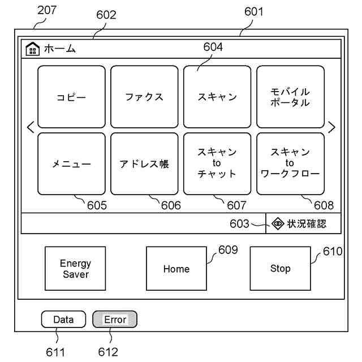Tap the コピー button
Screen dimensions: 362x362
pyautogui.click(x=71, y=97)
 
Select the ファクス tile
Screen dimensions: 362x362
pyautogui.click(x=144, y=97)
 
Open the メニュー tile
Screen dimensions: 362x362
pyautogui.click(x=71, y=164)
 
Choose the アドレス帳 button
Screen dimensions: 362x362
pyautogui.click(x=144, y=164)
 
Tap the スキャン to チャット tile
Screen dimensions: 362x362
pyautogui.click(x=217, y=164)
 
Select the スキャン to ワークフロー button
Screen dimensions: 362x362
pyautogui.click(x=290, y=164)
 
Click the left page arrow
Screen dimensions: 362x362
pyautogui.click(x=31, y=128)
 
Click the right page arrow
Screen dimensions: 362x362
pyautogui.click(x=331, y=128)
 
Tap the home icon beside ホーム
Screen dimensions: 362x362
pyautogui.click(x=33, y=49)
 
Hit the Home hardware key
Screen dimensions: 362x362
pyautogui.click(x=176, y=269)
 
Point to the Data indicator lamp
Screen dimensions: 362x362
pyautogui.click(x=63, y=320)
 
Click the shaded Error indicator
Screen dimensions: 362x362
pyautogui.click(x=115, y=320)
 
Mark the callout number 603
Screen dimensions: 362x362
pyautogui.click(x=239, y=224)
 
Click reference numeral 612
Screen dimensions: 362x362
pyautogui.click(x=107, y=352)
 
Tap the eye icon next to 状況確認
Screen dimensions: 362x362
pyautogui.click(x=278, y=223)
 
